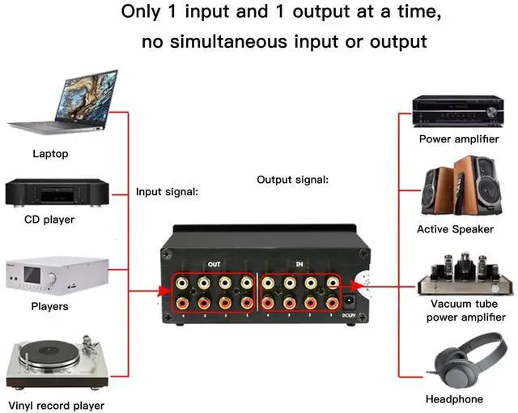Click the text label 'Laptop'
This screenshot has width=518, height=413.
[x=50, y=154]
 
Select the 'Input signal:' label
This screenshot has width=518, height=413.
[x=168, y=192]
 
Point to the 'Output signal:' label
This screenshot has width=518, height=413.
[x=292, y=179]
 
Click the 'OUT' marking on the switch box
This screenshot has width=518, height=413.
[x=214, y=264]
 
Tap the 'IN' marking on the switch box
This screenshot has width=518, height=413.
[x=299, y=264]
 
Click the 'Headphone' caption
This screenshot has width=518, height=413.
[x=454, y=399]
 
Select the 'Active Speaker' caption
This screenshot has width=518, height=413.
[x=455, y=229]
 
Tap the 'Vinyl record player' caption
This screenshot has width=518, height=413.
[x=56, y=405]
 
